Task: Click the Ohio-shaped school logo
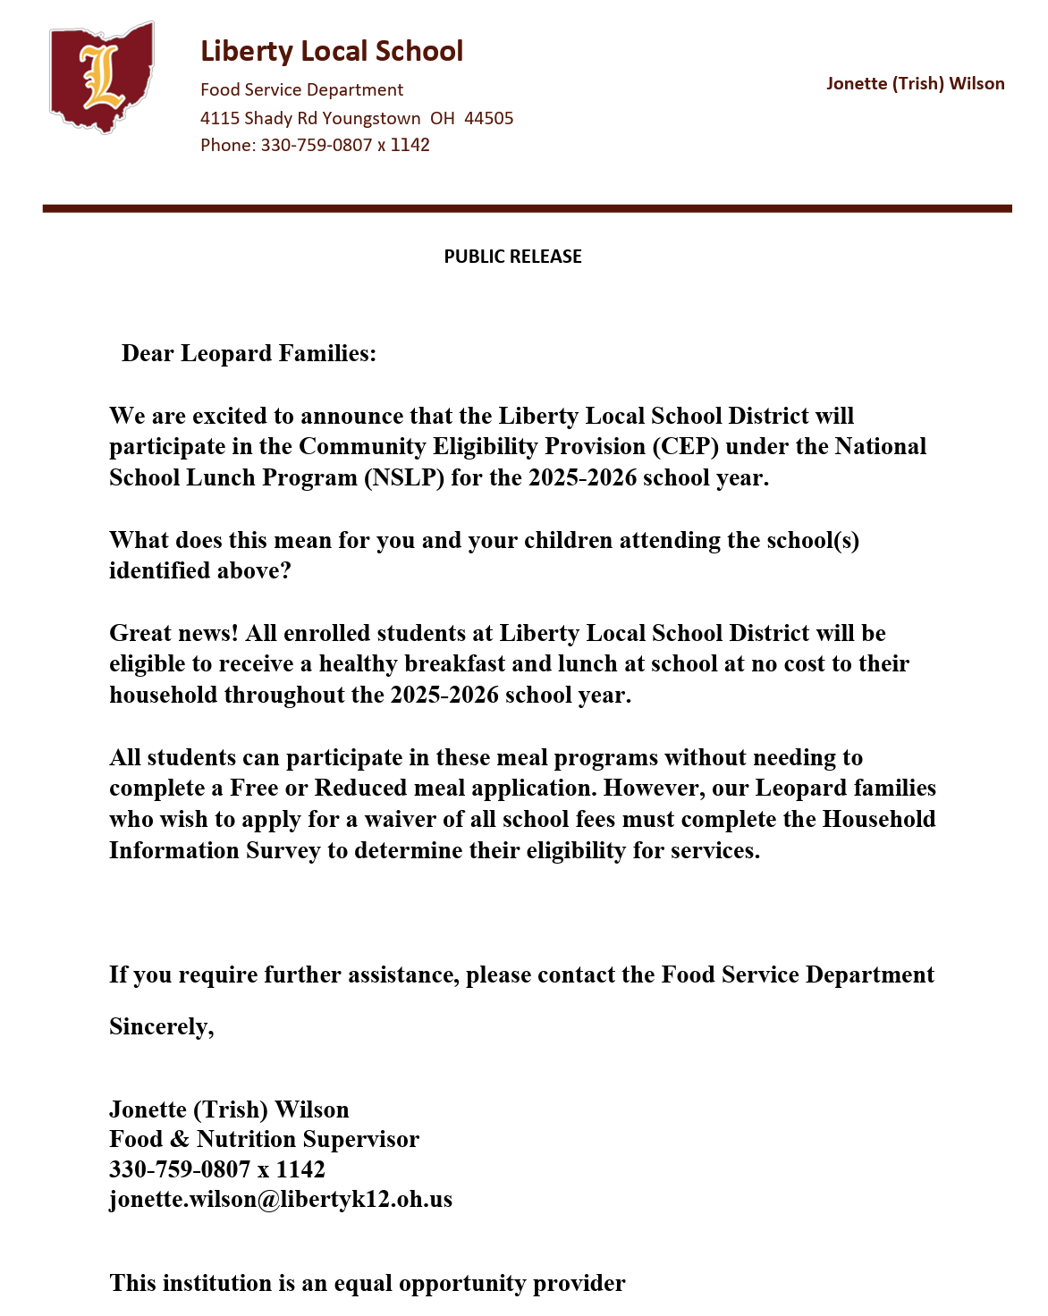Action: click(x=101, y=78)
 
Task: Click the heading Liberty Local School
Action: click(x=332, y=51)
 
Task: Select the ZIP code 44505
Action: click(x=488, y=119)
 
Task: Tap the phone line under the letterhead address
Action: click(x=315, y=145)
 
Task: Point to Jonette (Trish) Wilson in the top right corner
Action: click(x=915, y=84)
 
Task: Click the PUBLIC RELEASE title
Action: click(x=512, y=257)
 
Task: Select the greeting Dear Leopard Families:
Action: click(x=249, y=354)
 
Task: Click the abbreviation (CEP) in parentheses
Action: click(x=685, y=447)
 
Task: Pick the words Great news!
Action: click(x=173, y=634)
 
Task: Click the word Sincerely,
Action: click(x=162, y=1027)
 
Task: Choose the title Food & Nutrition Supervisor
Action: click(x=264, y=1140)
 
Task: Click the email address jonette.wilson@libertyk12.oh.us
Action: click(x=281, y=1200)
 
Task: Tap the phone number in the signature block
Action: click(x=217, y=1169)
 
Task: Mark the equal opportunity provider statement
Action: click(x=368, y=1284)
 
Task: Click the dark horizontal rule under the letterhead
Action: click(x=527, y=208)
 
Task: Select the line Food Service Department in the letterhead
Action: click(x=301, y=90)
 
